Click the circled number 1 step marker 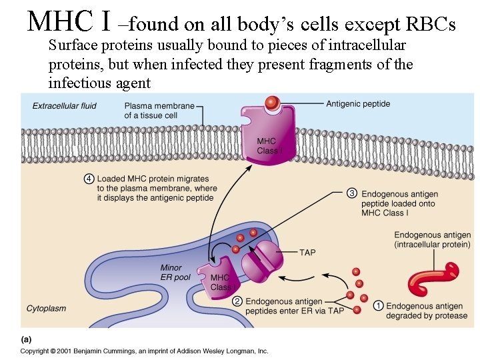click(x=378, y=305)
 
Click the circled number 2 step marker click(x=237, y=301)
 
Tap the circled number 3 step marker click(x=352, y=193)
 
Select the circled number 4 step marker click(x=89, y=179)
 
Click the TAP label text click(x=307, y=252)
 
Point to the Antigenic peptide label click(x=358, y=103)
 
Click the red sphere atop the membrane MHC click(x=271, y=103)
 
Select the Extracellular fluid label click(x=65, y=105)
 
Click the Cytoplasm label click(x=47, y=308)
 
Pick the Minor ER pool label click(x=175, y=273)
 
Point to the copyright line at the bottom click(x=143, y=350)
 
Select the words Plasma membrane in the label click(x=159, y=106)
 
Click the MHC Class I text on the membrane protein click(x=269, y=146)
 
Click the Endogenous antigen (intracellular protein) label click(x=432, y=240)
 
